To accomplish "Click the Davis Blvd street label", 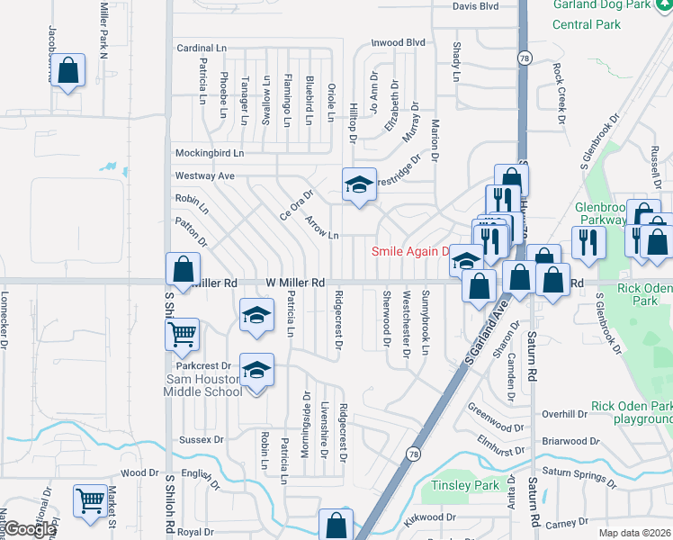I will tap(475, 6).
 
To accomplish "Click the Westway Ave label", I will tap(204, 175).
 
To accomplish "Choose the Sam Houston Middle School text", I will tap(203, 386).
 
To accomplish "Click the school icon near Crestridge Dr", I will tap(359, 184).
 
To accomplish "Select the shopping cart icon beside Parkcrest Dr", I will tap(183, 335).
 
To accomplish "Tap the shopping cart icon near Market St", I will tap(90, 500).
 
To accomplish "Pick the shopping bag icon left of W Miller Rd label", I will tap(183, 268).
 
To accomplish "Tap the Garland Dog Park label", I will tap(613, 4).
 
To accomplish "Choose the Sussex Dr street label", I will tap(201, 440).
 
